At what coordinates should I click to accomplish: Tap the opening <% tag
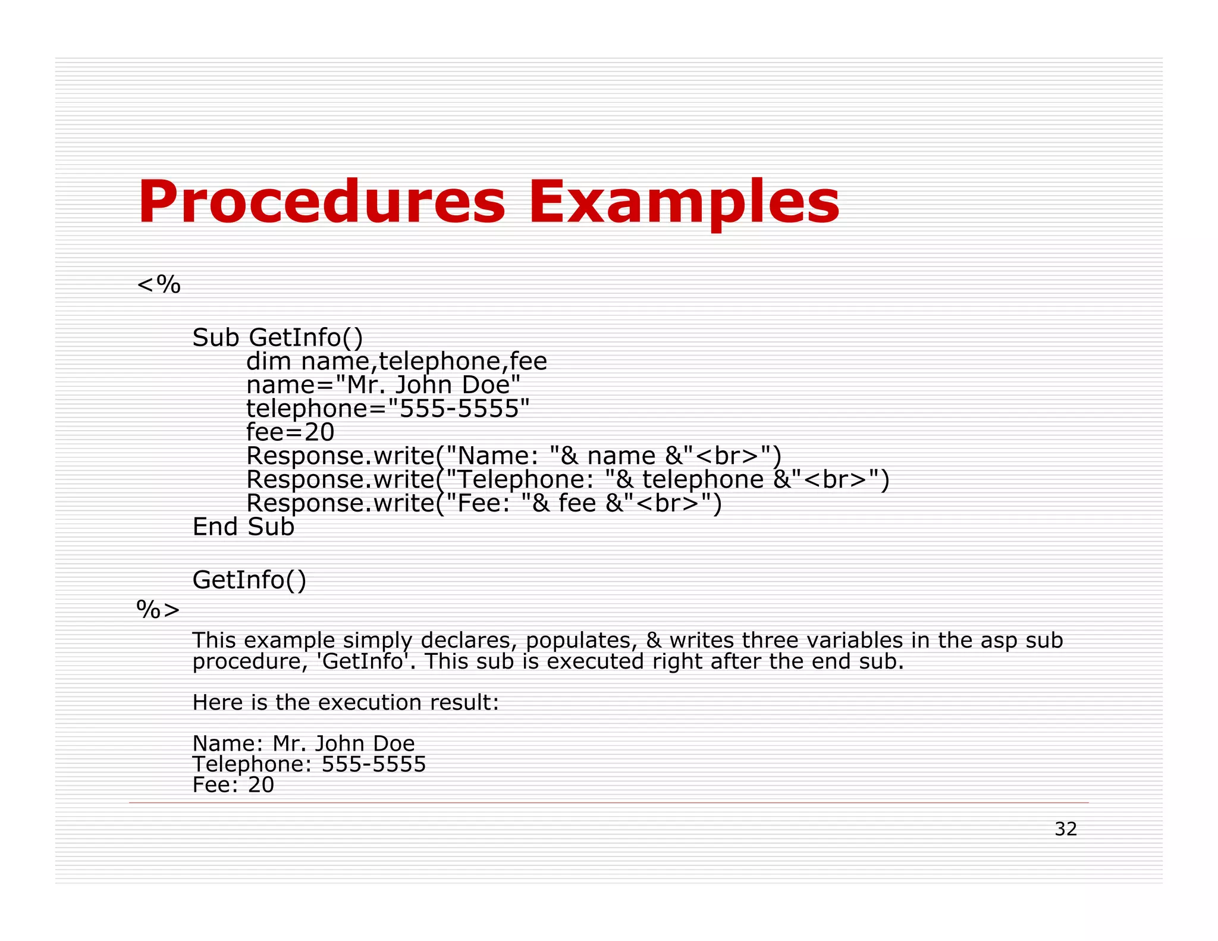[158, 285]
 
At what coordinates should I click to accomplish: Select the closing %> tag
[158, 609]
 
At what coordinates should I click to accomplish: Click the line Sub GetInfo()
[277, 338]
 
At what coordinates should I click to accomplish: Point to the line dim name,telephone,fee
[396, 362]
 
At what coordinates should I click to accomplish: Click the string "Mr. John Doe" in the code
[428, 385]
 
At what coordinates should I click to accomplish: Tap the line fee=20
[290, 432]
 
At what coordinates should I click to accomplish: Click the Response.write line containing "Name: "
[513, 456]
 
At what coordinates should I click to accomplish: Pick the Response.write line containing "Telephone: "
[567, 479]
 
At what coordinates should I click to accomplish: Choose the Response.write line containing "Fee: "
[484, 503]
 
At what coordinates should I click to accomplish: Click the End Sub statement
[243, 527]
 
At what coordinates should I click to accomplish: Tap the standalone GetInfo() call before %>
[249, 580]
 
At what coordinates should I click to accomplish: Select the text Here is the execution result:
[346, 702]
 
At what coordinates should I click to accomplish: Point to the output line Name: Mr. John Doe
[303, 744]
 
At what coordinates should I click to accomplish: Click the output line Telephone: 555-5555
[309, 764]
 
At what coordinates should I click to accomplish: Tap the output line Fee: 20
[233, 785]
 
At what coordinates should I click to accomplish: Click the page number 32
[1065, 829]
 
